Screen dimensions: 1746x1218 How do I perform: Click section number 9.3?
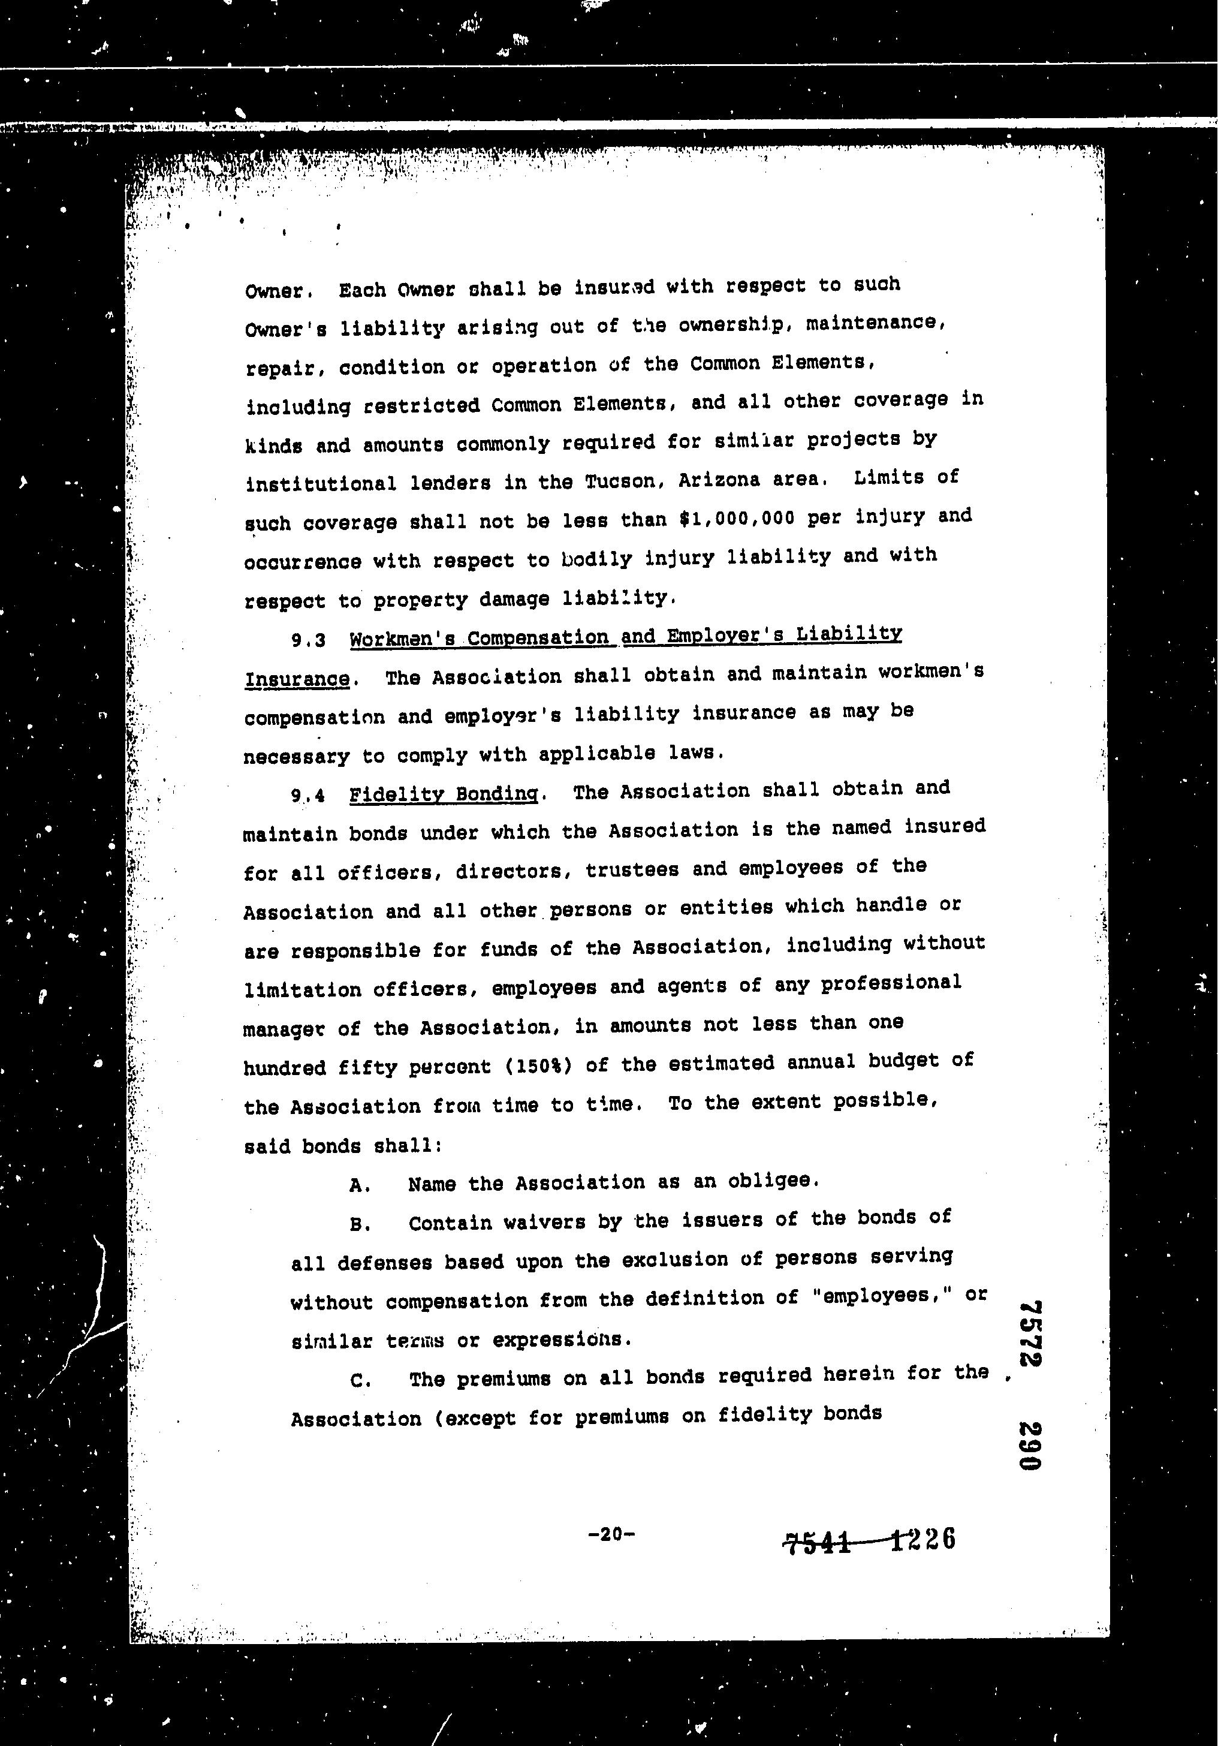[x=308, y=640]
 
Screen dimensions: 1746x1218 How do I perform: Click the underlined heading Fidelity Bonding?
[x=444, y=794]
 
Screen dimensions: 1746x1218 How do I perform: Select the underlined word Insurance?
[x=297, y=678]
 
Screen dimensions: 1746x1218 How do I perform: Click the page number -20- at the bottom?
[x=610, y=1534]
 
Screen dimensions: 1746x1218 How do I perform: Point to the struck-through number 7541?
[x=818, y=1542]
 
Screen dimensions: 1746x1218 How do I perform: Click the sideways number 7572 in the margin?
[x=1030, y=1333]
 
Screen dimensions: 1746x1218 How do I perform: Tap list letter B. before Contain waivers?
[x=360, y=1225]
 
